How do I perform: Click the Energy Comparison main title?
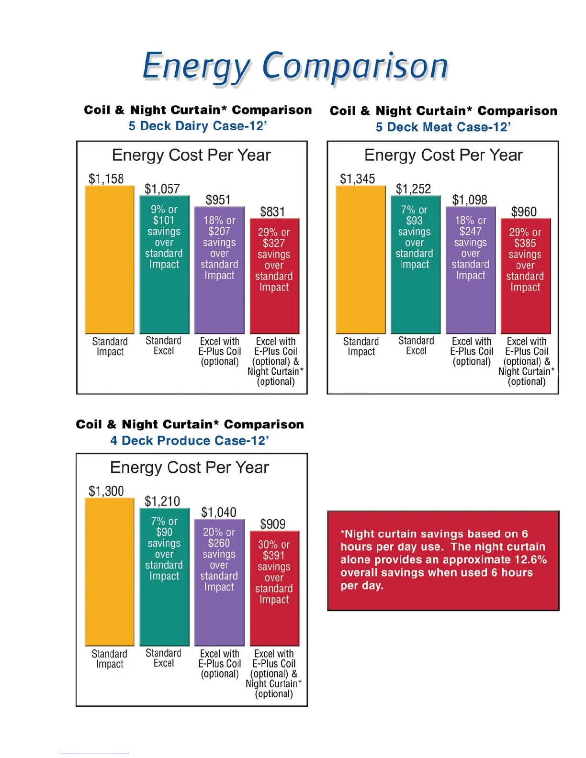pyautogui.click(x=295, y=67)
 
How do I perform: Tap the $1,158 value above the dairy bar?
pyautogui.click(x=106, y=179)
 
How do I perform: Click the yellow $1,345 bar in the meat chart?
pyautogui.click(x=361, y=260)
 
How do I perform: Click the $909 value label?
pyautogui.click(x=272, y=524)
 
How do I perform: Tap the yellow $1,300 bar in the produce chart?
pyautogui.click(x=109, y=572)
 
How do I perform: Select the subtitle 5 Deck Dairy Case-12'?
pyautogui.click(x=197, y=126)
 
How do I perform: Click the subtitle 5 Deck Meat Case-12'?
pyautogui.click(x=443, y=127)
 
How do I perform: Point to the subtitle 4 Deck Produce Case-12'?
pyautogui.click(x=190, y=440)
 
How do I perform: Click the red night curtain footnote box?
pyautogui.click(x=443, y=560)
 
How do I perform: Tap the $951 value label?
pyautogui.click(x=218, y=200)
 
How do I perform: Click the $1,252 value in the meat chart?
pyautogui.click(x=413, y=189)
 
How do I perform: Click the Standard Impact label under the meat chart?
pyautogui.click(x=361, y=346)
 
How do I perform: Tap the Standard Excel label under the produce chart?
pyautogui.click(x=163, y=658)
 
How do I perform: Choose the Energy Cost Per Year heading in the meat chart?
pyautogui.click(x=443, y=155)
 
